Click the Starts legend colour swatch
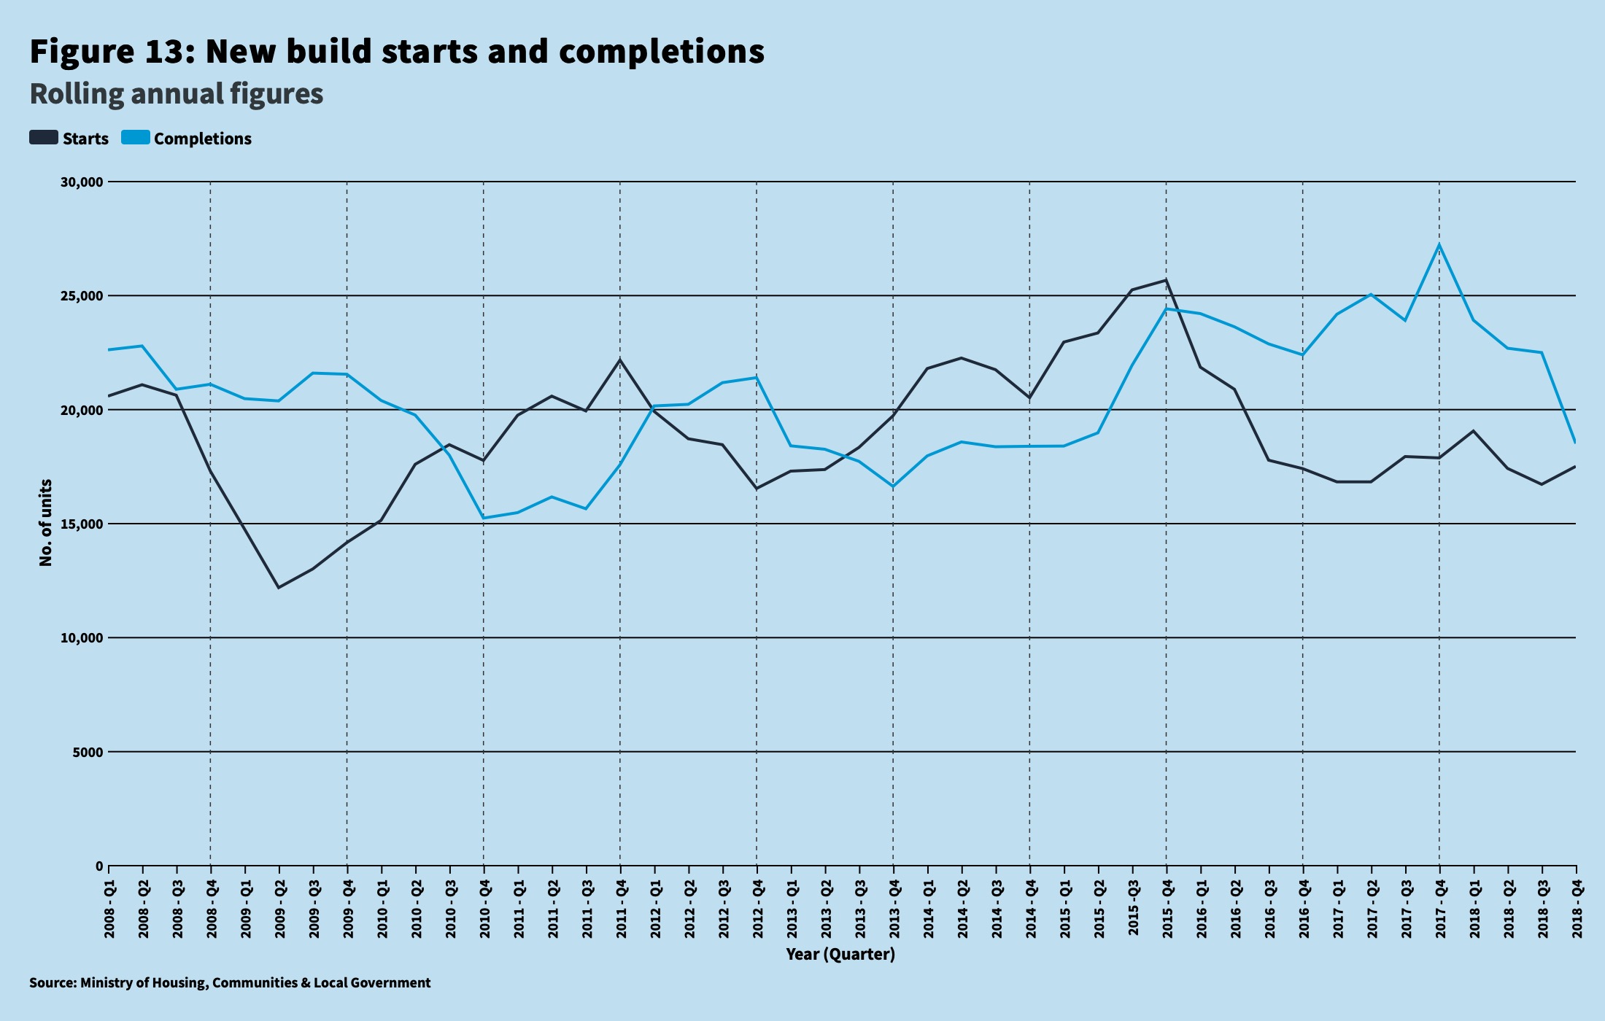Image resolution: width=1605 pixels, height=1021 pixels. (44, 138)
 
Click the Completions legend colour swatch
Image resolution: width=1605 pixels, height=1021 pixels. (136, 138)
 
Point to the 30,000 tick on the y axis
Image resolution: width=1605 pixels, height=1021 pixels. (82, 182)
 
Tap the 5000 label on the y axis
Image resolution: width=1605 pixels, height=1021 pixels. (88, 753)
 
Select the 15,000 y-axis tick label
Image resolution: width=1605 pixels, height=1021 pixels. (82, 524)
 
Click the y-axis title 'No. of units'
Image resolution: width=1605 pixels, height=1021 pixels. (46, 522)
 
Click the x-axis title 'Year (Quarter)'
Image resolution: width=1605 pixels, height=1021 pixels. (840, 954)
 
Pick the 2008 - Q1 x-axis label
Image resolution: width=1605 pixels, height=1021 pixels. (109, 909)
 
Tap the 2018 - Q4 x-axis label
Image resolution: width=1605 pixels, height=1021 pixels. (1577, 909)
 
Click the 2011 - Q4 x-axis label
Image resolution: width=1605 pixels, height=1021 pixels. (621, 909)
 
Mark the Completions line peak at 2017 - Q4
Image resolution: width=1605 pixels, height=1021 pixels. (1439, 244)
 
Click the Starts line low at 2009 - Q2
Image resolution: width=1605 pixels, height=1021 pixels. (279, 587)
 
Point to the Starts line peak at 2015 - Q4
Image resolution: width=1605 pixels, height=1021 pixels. (1166, 280)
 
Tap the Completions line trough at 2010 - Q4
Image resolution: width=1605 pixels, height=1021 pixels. (484, 518)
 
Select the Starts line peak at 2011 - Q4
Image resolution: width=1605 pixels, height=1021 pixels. (620, 360)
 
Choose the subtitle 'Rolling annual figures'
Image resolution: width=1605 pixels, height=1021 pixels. (176, 94)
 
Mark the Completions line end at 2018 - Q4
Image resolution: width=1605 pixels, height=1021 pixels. (1575, 442)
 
